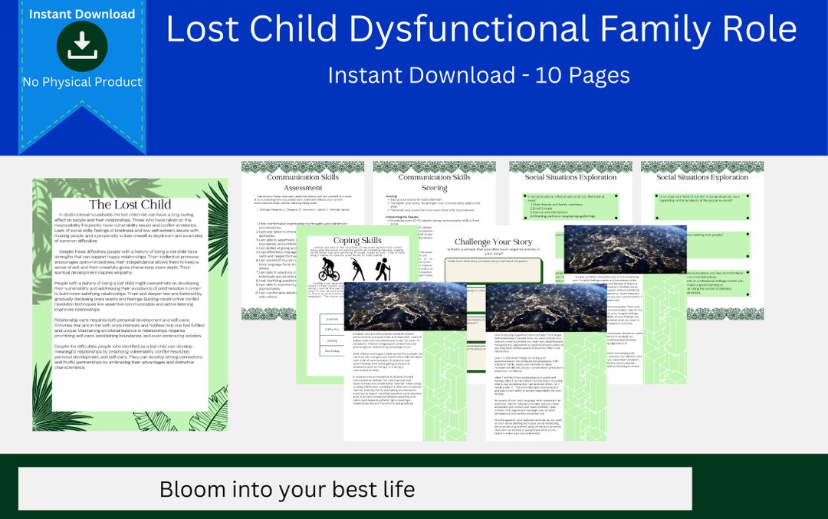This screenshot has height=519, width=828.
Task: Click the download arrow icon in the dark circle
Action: point(82,46)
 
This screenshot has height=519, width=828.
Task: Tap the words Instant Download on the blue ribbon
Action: point(82,14)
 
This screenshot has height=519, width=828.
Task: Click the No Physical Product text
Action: point(82,82)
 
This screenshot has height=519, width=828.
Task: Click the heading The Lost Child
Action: point(130,204)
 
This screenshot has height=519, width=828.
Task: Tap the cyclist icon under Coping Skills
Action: point(330,269)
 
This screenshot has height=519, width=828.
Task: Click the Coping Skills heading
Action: point(357,241)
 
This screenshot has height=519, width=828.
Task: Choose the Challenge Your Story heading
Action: point(494,242)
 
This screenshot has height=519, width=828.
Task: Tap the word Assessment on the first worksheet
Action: point(303,188)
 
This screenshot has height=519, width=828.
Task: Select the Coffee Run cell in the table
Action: point(332,330)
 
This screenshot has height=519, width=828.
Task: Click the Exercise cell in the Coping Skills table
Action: point(332,318)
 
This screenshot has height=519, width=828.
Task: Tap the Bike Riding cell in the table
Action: point(332,351)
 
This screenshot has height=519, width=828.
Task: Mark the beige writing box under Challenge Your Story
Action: point(493,270)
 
